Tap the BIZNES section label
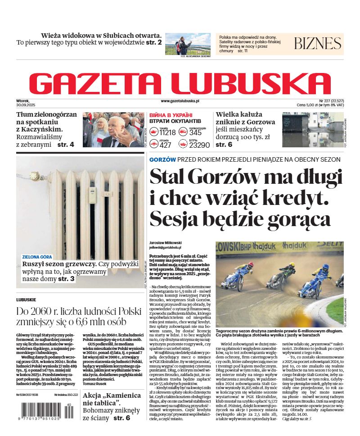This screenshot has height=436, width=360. (x=317, y=44)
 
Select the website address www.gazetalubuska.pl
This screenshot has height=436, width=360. (x=180, y=102)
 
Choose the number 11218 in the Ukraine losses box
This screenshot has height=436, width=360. (x=167, y=132)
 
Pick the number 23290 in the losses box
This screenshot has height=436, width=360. (x=199, y=145)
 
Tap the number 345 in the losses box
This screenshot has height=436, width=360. (x=195, y=132)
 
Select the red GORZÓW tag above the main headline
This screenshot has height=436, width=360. (x=162, y=159)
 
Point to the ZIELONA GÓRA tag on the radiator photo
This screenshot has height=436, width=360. (x=37, y=257)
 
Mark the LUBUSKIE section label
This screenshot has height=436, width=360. (x=26, y=300)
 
